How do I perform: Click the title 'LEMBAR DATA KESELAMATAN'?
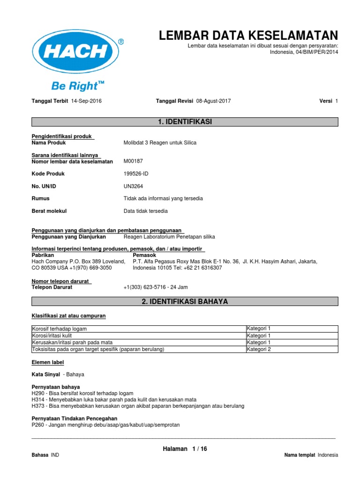pos(248,35)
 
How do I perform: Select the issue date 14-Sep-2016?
pos(86,101)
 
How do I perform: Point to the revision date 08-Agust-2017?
pos(213,101)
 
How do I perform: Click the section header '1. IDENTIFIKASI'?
pos(184,122)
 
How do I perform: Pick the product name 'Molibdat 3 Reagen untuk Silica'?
pos(160,142)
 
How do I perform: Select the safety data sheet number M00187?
pos(133,161)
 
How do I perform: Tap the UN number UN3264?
pos(134,186)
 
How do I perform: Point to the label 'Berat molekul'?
pos(49,211)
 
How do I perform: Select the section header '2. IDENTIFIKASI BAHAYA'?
pos(184,301)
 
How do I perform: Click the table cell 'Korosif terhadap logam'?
pos(59,329)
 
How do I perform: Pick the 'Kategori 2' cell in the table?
pos(259,349)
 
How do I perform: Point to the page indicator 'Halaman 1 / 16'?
pos(184,449)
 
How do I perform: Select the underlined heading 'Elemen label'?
pos(47,362)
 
